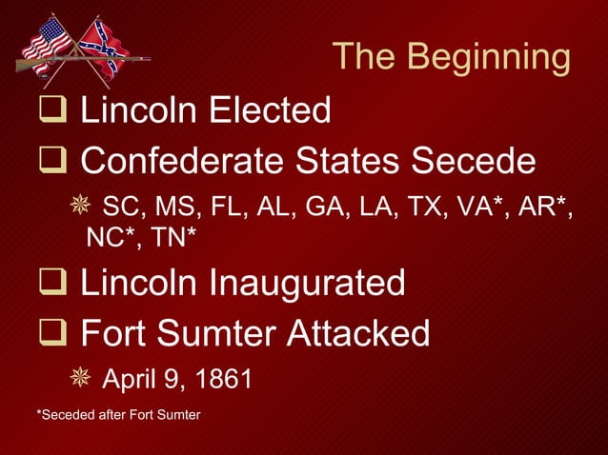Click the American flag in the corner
coord(47,40)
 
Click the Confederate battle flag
coord(103,46)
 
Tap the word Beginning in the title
coord(490,58)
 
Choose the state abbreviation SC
coord(118,207)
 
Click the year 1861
coord(223,380)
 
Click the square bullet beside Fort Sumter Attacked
coord(49,334)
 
